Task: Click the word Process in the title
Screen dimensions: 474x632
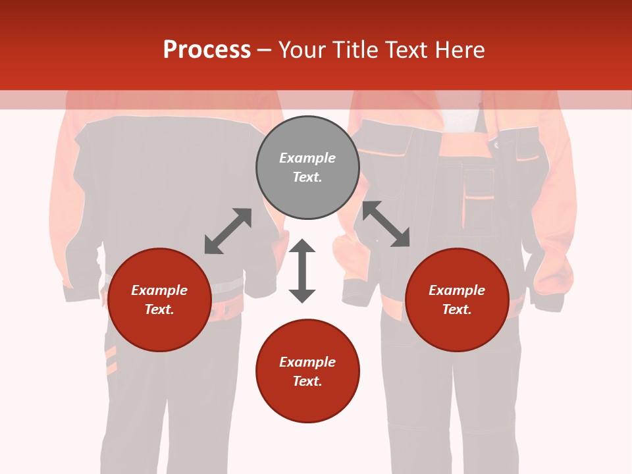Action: pos(207,50)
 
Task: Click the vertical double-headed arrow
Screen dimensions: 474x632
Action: pos(302,271)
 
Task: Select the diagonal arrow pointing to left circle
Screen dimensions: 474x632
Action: pos(228,231)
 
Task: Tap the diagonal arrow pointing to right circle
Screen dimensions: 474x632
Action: pos(386,224)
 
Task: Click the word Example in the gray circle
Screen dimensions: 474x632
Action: pos(307,158)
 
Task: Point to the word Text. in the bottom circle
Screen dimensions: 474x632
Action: pos(307,381)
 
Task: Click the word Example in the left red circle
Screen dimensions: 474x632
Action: pos(159,290)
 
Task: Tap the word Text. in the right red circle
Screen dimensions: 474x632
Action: pos(457,309)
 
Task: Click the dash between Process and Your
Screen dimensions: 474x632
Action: pos(264,51)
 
